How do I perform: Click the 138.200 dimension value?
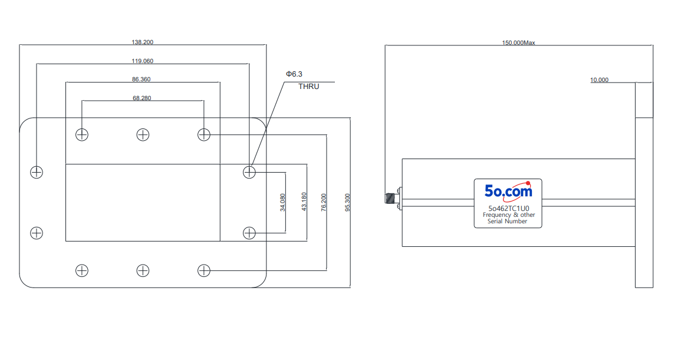(x=143, y=42)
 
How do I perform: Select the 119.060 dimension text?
(x=143, y=61)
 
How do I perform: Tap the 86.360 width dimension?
(x=141, y=79)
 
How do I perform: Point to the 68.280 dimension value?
(x=142, y=98)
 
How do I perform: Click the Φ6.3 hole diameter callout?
(x=294, y=74)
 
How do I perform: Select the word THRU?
(x=309, y=87)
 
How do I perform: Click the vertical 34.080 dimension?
(x=283, y=202)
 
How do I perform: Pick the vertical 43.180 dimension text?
(x=304, y=202)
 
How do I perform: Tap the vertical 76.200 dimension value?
(x=324, y=202)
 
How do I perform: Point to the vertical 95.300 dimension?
(x=347, y=202)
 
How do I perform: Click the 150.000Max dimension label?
(x=519, y=42)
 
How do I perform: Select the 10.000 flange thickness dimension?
(x=600, y=80)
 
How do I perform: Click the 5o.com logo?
(x=508, y=191)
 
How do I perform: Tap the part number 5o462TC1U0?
(x=509, y=209)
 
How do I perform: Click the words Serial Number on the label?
(x=507, y=221)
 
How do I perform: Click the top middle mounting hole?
(x=143, y=134)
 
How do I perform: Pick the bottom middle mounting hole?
(x=143, y=270)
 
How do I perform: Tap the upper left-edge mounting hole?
(x=37, y=173)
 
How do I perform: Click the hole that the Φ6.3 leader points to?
(x=249, y=173)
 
